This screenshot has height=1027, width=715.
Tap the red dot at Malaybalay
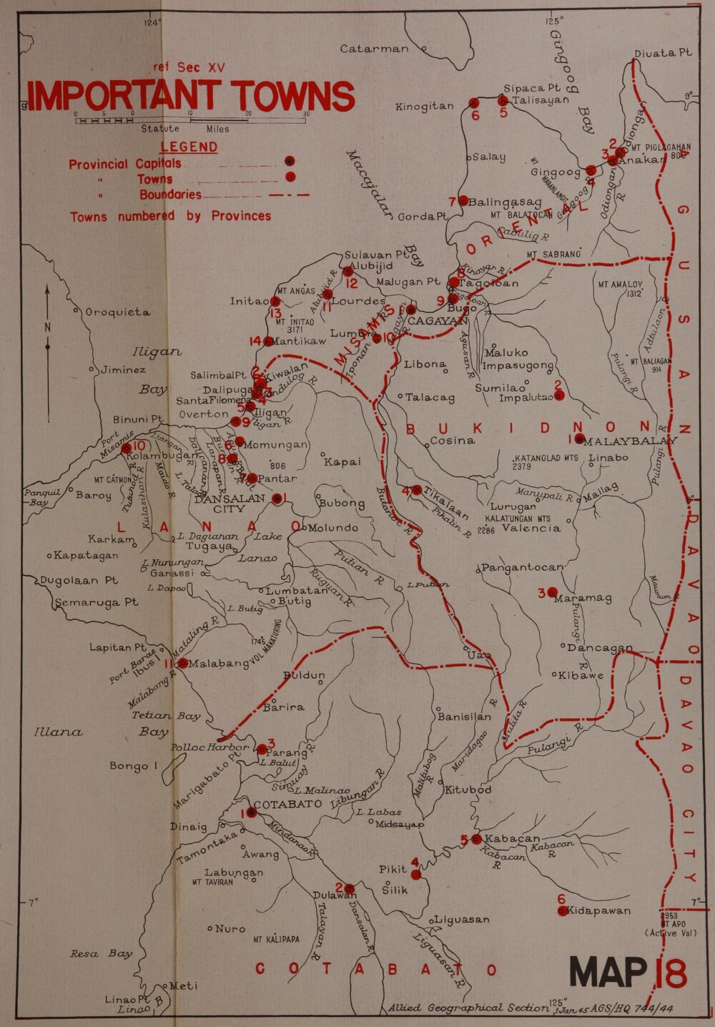click(x=580, y=438)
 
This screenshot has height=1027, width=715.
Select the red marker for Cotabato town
click(x=252, y=812)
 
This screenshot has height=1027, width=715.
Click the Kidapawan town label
click(x=599, y=910)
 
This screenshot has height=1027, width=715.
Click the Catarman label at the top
click(x=374, y=49)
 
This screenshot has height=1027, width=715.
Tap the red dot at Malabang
click(x=182, y=663)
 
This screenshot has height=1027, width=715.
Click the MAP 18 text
click(x=628, y=973)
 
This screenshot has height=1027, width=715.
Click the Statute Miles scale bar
click(x=192, y=120)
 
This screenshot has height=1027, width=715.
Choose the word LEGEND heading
click(x=189, y=147)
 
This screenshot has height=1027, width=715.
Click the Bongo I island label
click(x=129, y=766)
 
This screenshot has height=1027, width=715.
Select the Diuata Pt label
click(x=663, y=53)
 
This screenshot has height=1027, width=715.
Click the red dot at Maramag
click(x=552, y=592)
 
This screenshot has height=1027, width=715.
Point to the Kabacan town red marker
click(x=476, y=839)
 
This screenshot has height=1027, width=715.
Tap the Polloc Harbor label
click(x=210, y=747)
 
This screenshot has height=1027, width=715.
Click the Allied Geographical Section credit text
click(x=468, y=1008)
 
